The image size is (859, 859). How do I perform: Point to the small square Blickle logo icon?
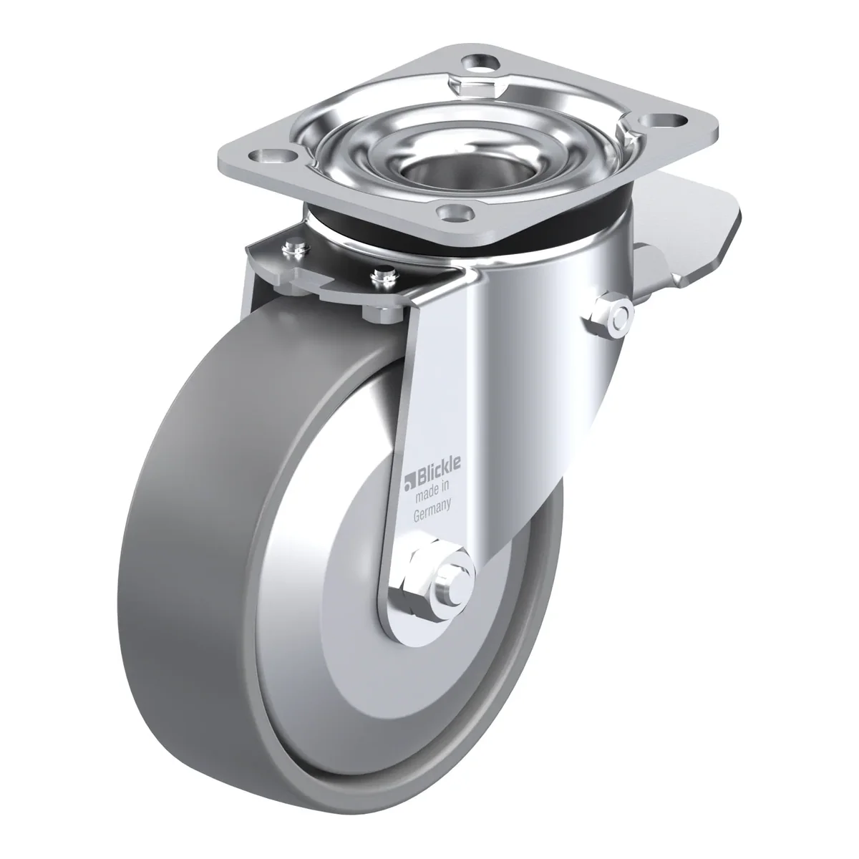[x=409, y=482]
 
